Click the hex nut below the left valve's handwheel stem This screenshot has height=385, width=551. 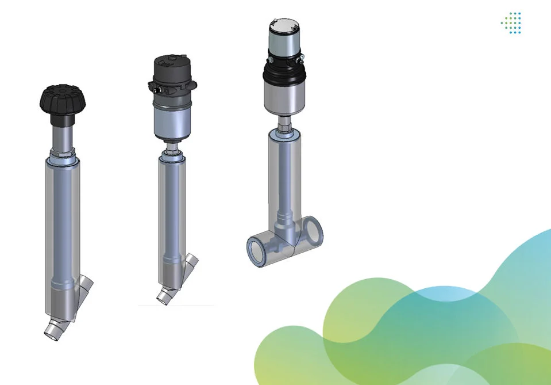pyautogui.click(x=63, y=154)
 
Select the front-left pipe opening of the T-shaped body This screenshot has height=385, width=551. pyautogui.click(x=257, y=250)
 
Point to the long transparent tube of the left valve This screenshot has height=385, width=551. pyautogui.click(x=62, y=230)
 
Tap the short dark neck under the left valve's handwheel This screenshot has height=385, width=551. pyautogui.click(x=63, y=120)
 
